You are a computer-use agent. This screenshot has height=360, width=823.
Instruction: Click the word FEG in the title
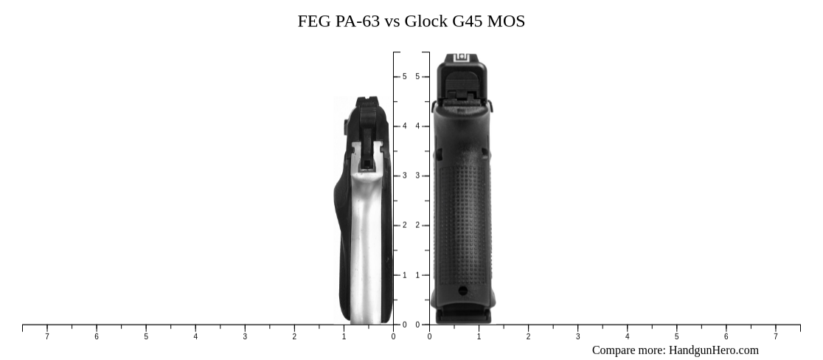tap(314, 21)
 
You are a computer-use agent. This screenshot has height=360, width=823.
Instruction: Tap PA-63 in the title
tap(357, 21)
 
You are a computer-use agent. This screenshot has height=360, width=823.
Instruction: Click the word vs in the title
tap(392, 21)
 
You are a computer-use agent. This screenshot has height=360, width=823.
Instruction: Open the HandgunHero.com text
tap(713, 350)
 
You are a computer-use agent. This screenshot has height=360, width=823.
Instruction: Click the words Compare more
tap(628, 350)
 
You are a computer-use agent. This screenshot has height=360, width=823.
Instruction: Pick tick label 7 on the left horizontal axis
tap(47, 337)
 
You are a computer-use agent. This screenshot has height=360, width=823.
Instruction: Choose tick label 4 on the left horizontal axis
tap(195, 337)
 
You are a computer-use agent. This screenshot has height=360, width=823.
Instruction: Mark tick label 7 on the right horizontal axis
tap(775, 337)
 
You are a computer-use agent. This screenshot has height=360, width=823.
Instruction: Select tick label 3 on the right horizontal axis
tap(577, 337)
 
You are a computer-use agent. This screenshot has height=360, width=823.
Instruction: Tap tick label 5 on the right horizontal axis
tap(676, 337)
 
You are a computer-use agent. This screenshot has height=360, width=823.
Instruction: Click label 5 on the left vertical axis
tap(404, 77)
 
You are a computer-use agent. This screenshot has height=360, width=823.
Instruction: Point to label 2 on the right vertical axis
tap(417, 226)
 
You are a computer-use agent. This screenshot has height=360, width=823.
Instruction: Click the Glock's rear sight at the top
tap(462, 58)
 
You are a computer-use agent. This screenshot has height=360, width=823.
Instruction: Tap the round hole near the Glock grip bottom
tap(463, 291)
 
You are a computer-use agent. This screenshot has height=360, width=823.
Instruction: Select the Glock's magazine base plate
tap(463, 316)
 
